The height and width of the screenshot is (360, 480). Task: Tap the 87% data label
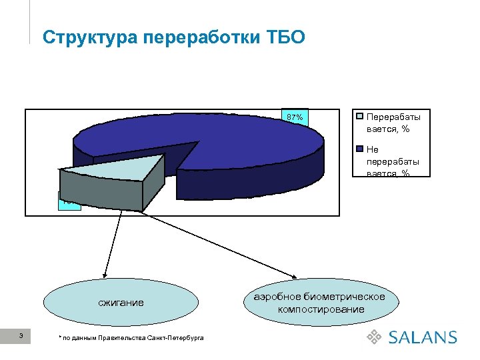click(295, 118)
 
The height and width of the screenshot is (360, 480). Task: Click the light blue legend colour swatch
click(360, 115)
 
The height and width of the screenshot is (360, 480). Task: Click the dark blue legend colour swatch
click(360, 149)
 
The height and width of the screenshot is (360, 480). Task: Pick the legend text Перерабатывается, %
click(393, 121)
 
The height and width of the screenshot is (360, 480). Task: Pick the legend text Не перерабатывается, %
click(393, 161)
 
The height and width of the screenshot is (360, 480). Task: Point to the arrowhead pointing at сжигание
click(104, 273)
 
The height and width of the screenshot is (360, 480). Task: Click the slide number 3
click(22, 335)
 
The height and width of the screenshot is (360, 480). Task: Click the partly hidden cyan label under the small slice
click(69, 204)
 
